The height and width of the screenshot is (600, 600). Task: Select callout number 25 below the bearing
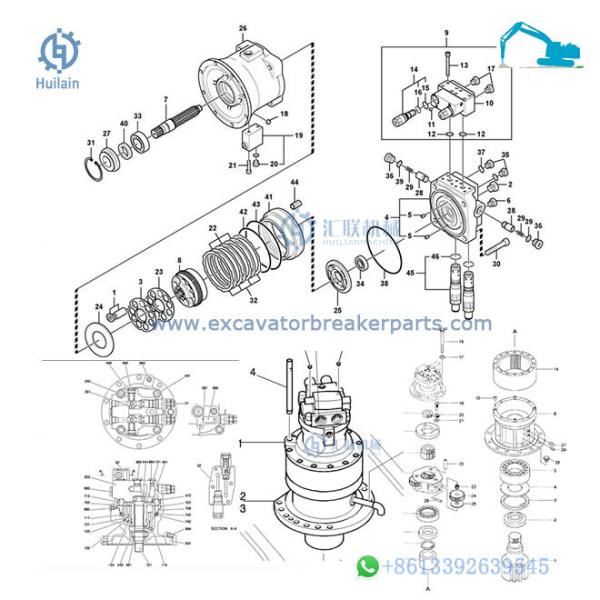pyautogui.click(x=336, y=297)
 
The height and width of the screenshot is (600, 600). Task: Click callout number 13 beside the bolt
pyautogui.click(x=465, y=65)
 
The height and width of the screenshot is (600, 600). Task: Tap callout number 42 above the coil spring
pyautogui.click(x=243, y=211)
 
